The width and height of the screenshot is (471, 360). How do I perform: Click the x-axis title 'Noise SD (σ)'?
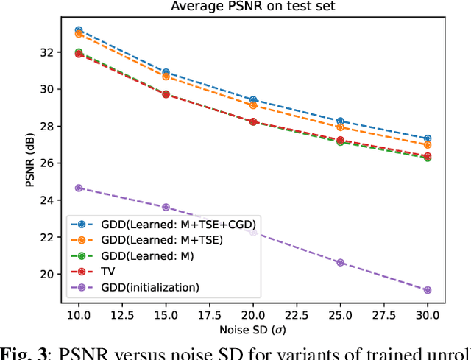click(x=253, y=328)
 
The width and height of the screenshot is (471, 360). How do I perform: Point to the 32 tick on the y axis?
click(x=48, y=52)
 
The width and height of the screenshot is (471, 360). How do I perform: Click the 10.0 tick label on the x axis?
click(x=79, y=314)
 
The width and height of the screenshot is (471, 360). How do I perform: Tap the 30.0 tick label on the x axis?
click(x=428, y=314)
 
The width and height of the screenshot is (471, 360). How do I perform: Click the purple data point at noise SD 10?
click(x=79, y=188)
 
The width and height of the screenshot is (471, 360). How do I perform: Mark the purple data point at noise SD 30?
click(x=428, y=290)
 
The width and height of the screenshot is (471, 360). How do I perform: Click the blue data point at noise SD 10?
click(x=79, y=30)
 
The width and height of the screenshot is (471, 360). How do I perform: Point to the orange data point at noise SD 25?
click(x=340, y=127)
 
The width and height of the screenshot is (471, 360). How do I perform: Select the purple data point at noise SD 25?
click(x=340, y=262)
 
